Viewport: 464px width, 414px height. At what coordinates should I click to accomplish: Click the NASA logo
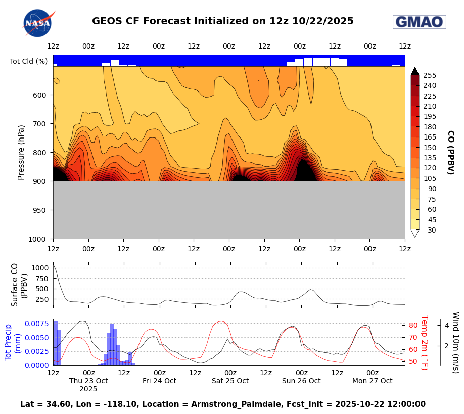click(38, 23)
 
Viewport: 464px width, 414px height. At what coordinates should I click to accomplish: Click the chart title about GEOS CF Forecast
click(223, 21)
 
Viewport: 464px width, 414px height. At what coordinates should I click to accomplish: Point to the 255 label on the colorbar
click(430, 75)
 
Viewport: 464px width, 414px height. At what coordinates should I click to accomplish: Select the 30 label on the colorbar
click(432, 230)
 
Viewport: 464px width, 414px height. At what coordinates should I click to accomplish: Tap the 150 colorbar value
click(430, 148)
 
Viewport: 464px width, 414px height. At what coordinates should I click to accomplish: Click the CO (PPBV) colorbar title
click(450, 152)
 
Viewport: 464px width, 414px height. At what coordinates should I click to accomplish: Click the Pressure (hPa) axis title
click(21, 152)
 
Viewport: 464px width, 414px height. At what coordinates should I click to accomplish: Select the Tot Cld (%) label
click(28, 61)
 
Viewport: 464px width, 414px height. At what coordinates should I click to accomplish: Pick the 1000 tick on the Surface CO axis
click(40, 268)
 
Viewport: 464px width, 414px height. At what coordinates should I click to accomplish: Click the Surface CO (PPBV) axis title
click(19, 285)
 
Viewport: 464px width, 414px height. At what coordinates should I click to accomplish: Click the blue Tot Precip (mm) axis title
click(13, 342)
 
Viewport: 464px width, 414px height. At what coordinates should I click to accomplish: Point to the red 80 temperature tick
click(412, 325)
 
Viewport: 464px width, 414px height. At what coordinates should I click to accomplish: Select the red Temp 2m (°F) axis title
click(425, 342)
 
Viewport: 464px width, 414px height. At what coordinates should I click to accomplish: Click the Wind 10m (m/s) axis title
click(455, 342)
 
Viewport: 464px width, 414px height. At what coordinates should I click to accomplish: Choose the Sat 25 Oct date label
click(230, 381)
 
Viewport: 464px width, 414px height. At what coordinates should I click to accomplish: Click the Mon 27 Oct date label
click(372, 381)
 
